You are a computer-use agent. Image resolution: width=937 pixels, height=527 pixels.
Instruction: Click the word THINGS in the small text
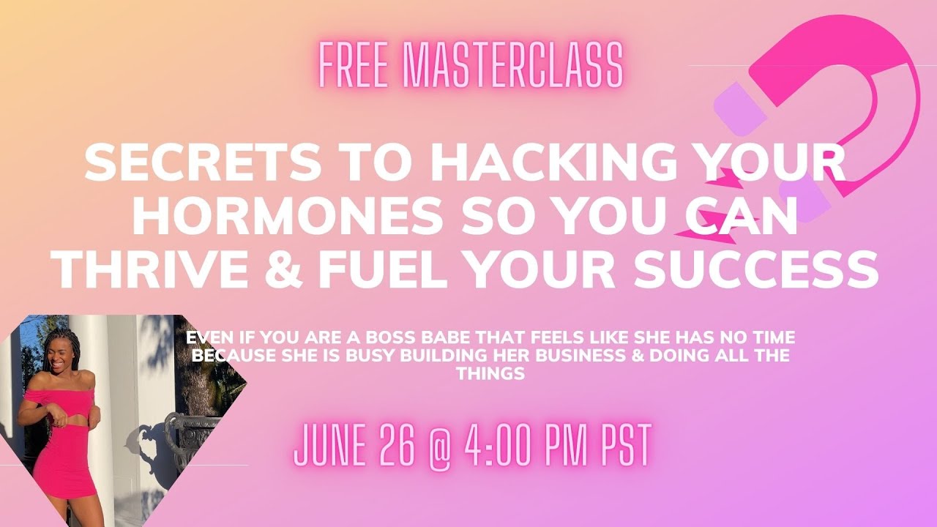(490, 373)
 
